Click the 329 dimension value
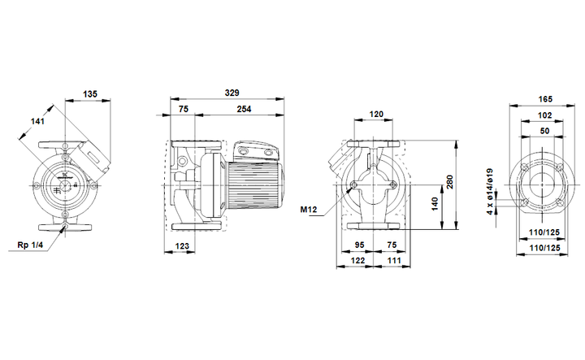[x=232, y=93]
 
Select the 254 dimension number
[x=244, y=110]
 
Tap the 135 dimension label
[x=90, y=93]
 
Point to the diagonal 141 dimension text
[x=37, y=121]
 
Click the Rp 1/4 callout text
[x=30, y=245]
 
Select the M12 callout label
[x=309, y=210]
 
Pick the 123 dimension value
[x=182, y=246]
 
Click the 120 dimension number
[x=376, y=115]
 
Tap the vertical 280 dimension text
[x=449, y=182]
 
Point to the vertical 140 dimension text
[x=435, y=204]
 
